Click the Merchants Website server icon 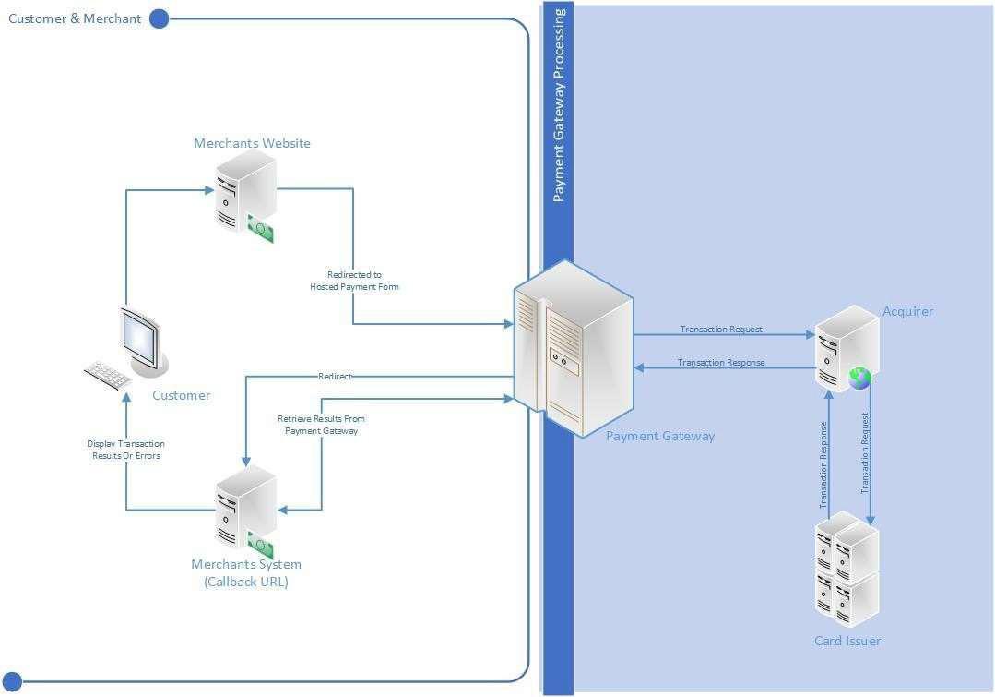(245, 192)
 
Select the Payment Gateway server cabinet (574, 348)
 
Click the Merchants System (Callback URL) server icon (245, 506)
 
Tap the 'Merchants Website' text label (252, 143)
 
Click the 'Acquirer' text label (907, 311)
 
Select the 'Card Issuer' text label (847, 641)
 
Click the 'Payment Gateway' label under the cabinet (660, 436)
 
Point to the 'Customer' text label (181, 395)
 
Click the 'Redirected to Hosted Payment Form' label (354, 281)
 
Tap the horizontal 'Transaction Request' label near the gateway (721, 330)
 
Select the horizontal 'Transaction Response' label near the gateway (721, 363)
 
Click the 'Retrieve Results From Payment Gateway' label (321, 425)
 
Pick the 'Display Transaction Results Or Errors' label (126, 450)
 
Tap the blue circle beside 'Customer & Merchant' (159, 18)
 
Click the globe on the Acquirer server (859, 377)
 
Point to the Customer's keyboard (108, 373)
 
